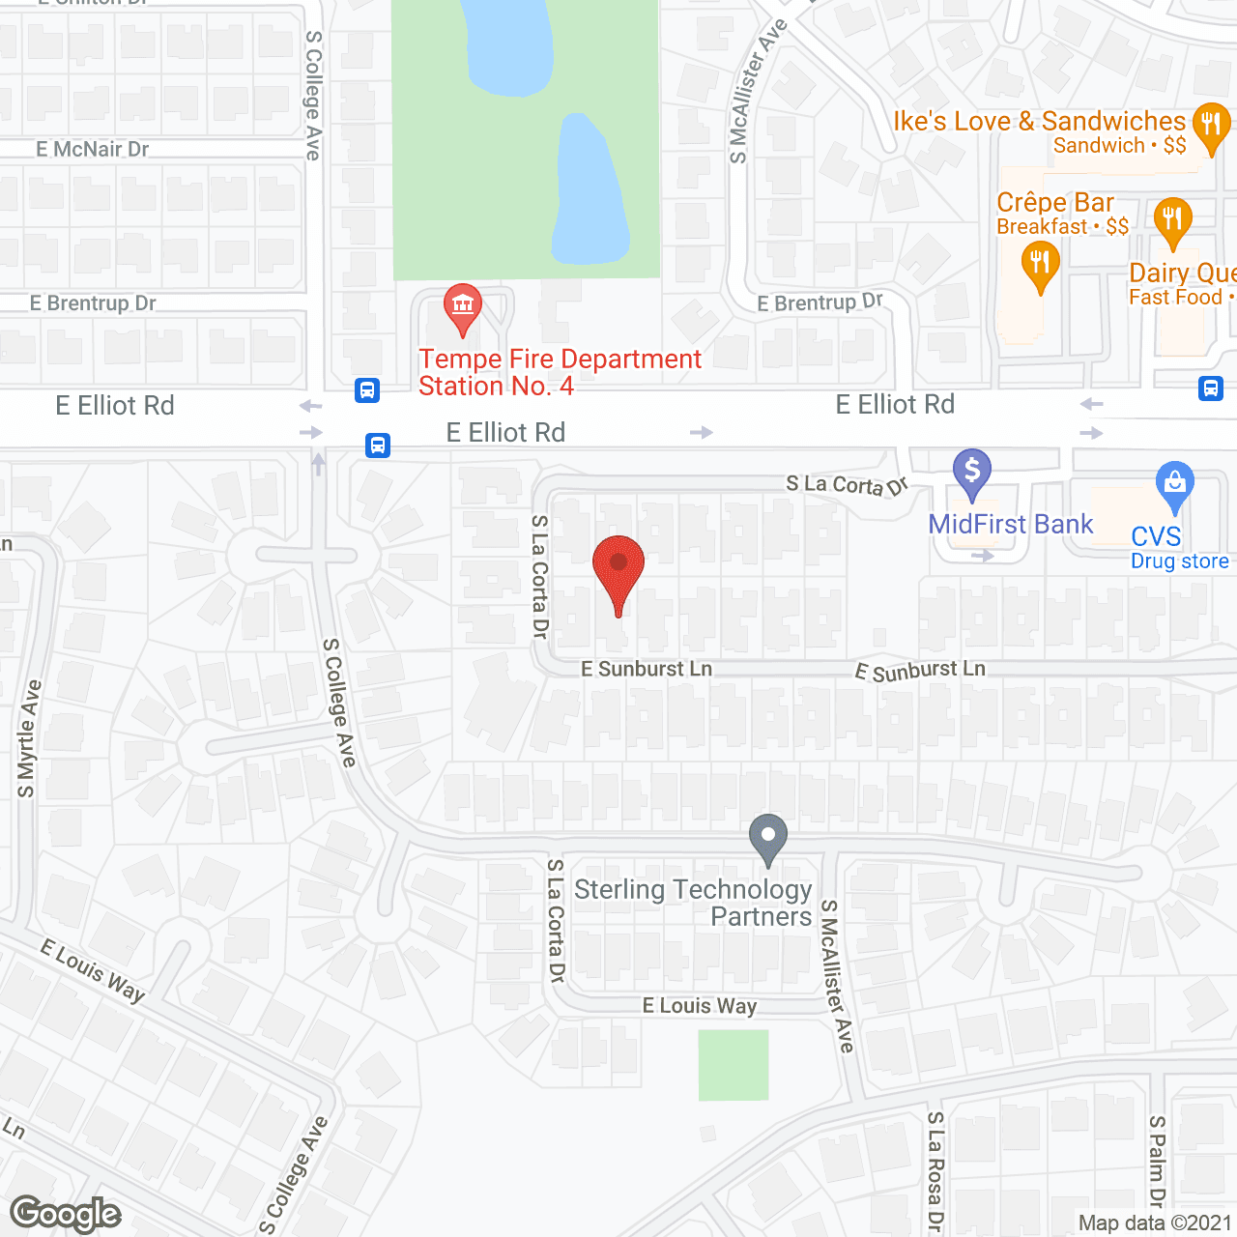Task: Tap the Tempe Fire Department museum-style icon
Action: [x=463, y=306]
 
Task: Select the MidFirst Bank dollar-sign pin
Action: [x=972, y=473]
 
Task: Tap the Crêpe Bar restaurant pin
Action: [x=1040, y=264]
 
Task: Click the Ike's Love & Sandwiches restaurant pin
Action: [x=1210, y=126]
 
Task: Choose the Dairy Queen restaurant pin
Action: [x=1171, y=221]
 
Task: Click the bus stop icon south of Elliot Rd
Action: [x=378, y=446]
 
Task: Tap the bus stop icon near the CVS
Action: [x=1211, y=388]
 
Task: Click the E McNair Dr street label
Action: [x=93, y=150]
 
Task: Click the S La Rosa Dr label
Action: [x=935, y=1170]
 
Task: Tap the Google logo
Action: [x=66, y=1214]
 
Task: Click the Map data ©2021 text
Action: [x=1155, y=1223]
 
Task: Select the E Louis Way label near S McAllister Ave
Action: [x=700, y=1006]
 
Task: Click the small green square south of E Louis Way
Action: [x=734, y=1065]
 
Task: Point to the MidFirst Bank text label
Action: [x=1010, y=525]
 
